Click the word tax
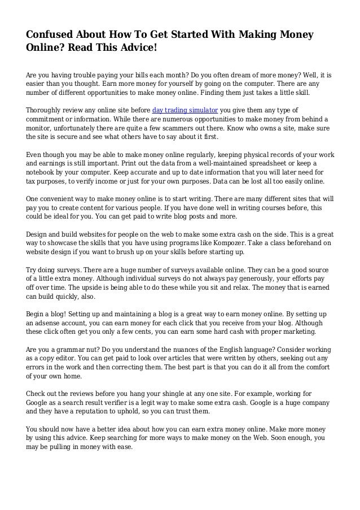point(32,181)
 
